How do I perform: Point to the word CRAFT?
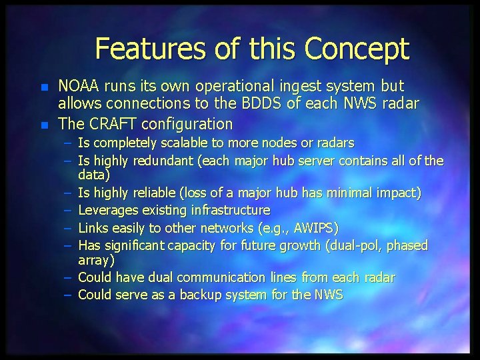(109, 123)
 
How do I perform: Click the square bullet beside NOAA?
(44, 87)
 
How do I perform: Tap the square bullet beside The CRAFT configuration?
(44, 125)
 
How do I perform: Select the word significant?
(136, 245)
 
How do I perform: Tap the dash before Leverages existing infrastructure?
(70, 211)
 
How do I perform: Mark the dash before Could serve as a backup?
(70, 295)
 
